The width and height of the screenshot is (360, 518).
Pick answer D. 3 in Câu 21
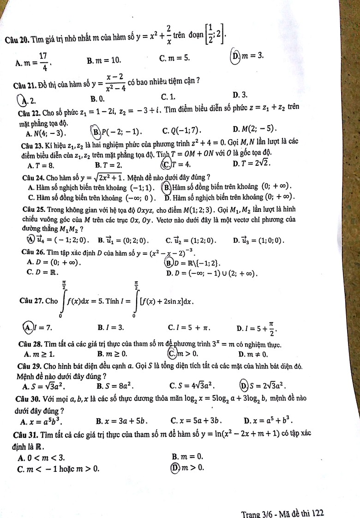point(240,95)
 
